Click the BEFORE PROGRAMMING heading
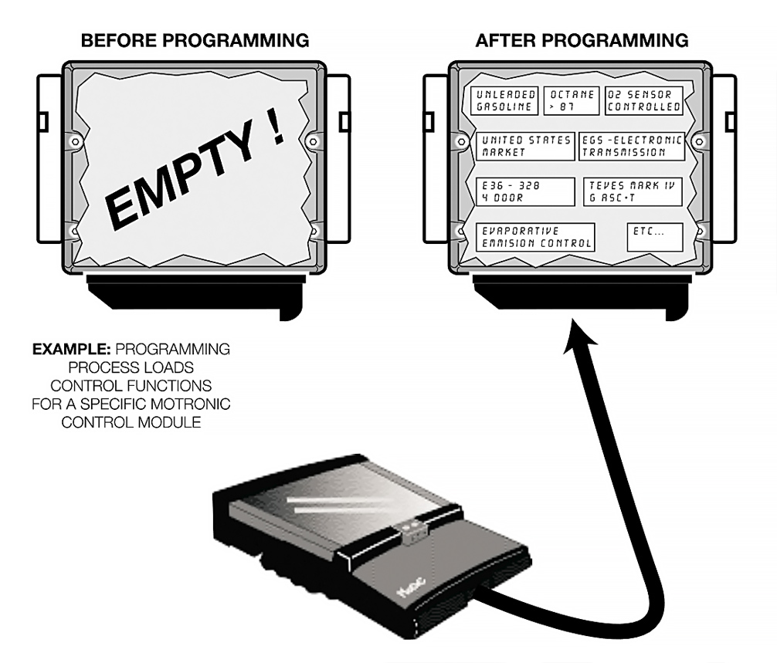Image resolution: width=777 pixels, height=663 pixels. [195, 39]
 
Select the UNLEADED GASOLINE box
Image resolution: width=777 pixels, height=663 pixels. [504, 100]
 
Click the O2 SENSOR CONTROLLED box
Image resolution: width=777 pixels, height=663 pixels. [644, 100]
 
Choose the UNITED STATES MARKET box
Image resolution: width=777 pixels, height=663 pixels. [524, 146]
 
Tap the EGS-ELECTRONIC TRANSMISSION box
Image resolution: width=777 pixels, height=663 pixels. [632, 146]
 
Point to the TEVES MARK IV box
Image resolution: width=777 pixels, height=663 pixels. [632, 191]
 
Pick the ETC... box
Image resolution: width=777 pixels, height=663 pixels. [655, 237]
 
